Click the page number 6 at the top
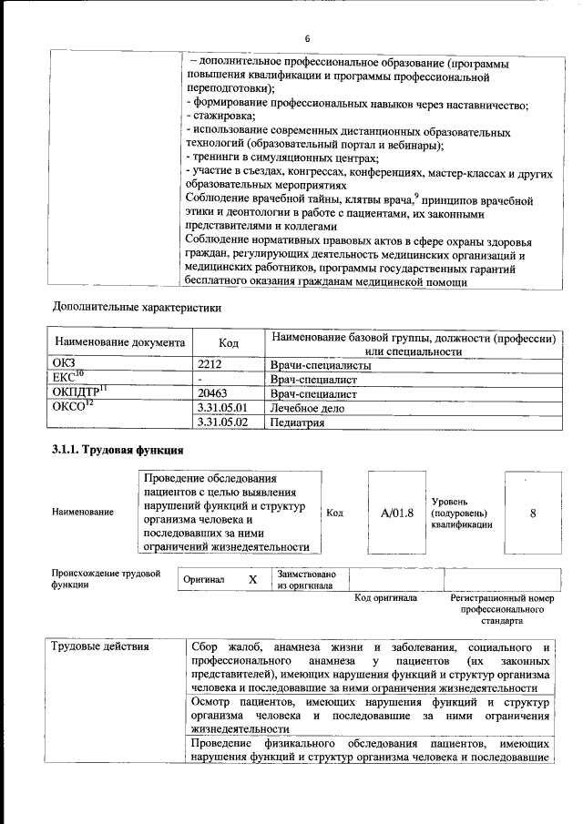point(307,38)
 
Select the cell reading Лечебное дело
point(311,409)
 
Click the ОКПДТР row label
point(77,393)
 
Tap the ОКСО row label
point(72,407)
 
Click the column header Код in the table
point(229,344)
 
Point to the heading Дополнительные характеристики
point(137,307)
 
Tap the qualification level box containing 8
point(533,513)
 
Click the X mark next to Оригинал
point(253,579)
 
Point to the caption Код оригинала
point(385,598)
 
